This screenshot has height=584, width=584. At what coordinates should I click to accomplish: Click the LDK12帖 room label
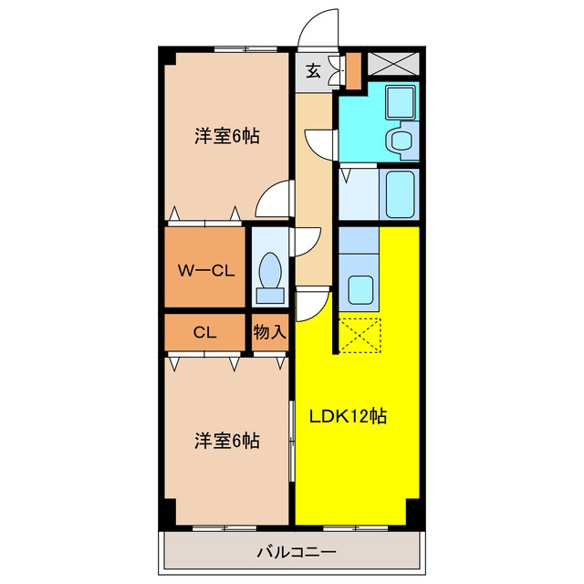pos(349,417)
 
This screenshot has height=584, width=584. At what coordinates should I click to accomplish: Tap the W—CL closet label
pos(206,271)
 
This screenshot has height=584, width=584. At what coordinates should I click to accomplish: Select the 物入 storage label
pos(270,332)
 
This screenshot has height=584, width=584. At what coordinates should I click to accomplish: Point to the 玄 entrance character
pos(314,70)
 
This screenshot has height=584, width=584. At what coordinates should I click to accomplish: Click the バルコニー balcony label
pos(297,552)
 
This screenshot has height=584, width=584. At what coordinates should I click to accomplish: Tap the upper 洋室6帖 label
pos(227,136)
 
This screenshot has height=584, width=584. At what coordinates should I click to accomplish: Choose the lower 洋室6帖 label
pos(227,441)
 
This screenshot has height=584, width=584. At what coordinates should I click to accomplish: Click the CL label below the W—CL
pos(204,332)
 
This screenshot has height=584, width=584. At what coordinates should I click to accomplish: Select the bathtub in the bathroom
pos(400,194)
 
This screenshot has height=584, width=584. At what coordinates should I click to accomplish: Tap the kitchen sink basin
pos(360,290)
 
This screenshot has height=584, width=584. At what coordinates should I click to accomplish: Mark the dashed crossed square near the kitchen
pos(360,335)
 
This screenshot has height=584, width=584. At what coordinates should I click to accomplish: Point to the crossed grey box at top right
pos(393,64)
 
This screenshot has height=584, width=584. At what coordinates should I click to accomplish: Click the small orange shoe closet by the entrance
pos(353,71)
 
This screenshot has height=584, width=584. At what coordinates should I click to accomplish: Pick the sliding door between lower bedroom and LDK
pos(292,442)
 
